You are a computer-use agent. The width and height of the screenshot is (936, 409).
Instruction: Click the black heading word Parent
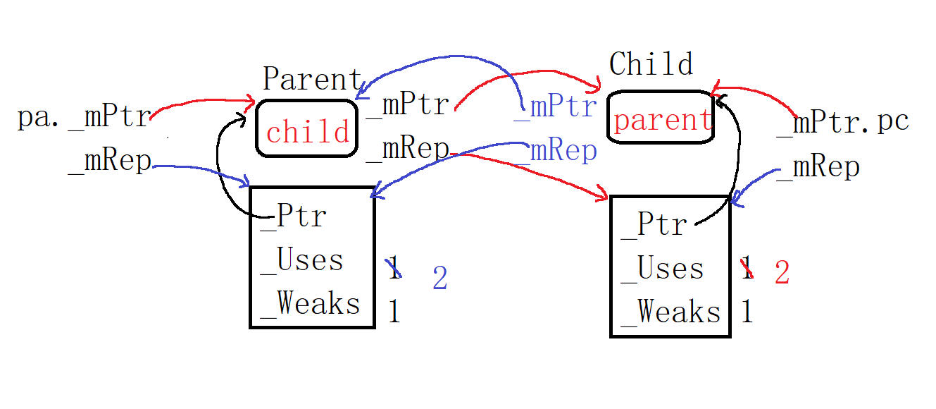pos(312,79)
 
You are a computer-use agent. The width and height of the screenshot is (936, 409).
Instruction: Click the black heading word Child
pos(651,64)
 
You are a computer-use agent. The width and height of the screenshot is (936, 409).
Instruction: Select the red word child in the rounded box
pos(308,131)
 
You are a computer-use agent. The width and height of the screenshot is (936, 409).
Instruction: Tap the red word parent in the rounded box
pos(663,121)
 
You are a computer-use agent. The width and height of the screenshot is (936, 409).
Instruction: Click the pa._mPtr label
pos(84,117)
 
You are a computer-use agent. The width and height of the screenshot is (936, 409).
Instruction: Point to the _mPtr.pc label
pos(842,123)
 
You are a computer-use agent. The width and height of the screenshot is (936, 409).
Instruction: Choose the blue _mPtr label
pos(556,107)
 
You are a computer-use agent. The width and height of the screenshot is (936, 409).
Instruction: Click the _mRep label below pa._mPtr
pos(109,161)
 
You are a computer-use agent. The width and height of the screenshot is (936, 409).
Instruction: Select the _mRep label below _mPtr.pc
pos(818,167)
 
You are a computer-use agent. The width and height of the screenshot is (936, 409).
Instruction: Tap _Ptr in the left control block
pos(293,216)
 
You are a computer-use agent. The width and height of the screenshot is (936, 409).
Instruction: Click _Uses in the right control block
pos(662,269)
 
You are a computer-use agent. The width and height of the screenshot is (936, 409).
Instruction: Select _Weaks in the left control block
pos(310,304)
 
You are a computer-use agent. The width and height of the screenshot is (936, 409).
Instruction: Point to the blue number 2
pos(440,278)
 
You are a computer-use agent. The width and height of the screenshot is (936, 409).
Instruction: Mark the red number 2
pos(782,272)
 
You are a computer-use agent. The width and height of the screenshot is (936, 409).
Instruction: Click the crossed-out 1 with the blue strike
pos(394,268)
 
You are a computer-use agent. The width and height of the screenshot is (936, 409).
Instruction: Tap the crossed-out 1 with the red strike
pos(747,268)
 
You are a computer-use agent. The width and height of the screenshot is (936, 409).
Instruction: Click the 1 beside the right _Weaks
pos(747,312)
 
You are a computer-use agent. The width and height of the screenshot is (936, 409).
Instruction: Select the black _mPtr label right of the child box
pos(407,105)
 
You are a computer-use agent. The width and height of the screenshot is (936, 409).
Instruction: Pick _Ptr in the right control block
pos(654,225)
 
